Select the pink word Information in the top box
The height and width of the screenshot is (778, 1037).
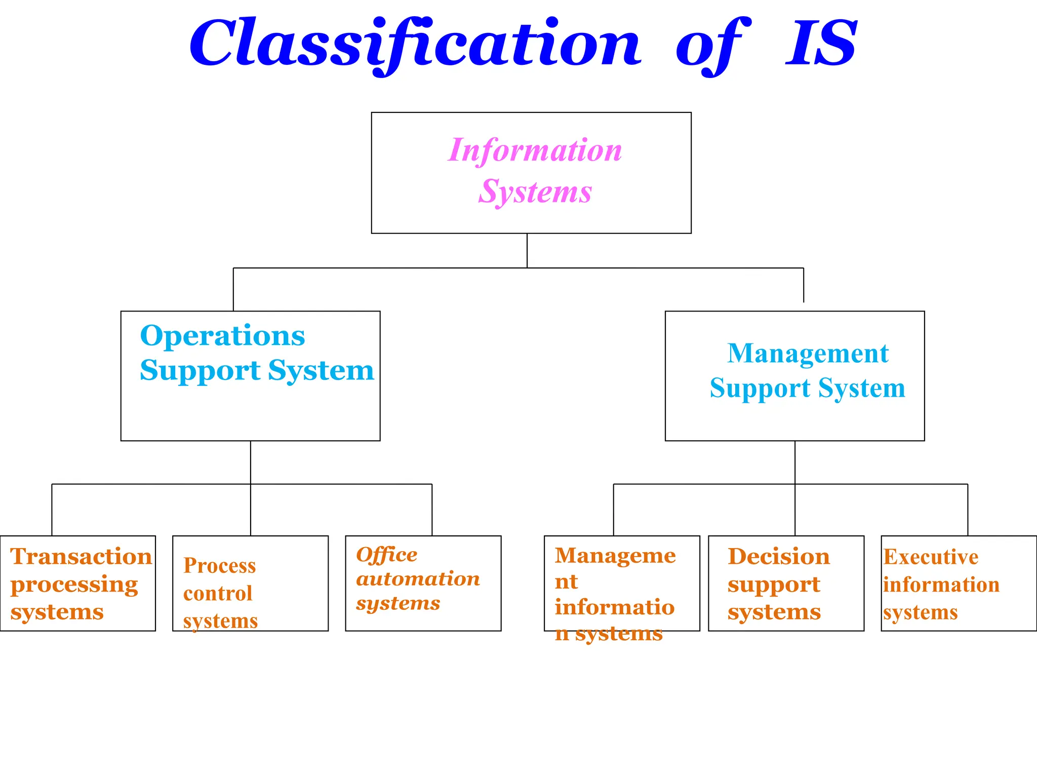click(535, 150)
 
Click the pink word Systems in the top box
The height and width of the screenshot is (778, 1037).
click(535, 192)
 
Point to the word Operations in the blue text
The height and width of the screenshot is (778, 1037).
click(222, 336)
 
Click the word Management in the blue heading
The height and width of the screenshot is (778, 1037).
click(808, 354)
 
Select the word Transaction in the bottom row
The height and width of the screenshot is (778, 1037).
click(81, 557)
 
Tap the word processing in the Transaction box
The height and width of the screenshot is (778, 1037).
click(74, 585)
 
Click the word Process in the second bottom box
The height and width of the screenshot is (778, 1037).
click(219, 566)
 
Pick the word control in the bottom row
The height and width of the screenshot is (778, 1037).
click(218, 594)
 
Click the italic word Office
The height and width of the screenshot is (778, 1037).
click(387, 555)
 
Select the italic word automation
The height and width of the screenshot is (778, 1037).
click(418, 579)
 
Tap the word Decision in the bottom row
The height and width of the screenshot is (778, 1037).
click(779, 557)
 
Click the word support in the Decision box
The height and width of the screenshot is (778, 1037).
click(774, 585)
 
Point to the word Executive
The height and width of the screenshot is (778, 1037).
click(931, 557)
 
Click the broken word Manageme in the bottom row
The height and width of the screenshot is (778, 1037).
click(615, 556)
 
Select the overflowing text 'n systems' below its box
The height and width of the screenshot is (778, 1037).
click(609, 634)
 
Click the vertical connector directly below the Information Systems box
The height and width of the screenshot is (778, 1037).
click(527, 250)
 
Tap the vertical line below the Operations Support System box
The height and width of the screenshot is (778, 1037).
click(251, 462)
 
